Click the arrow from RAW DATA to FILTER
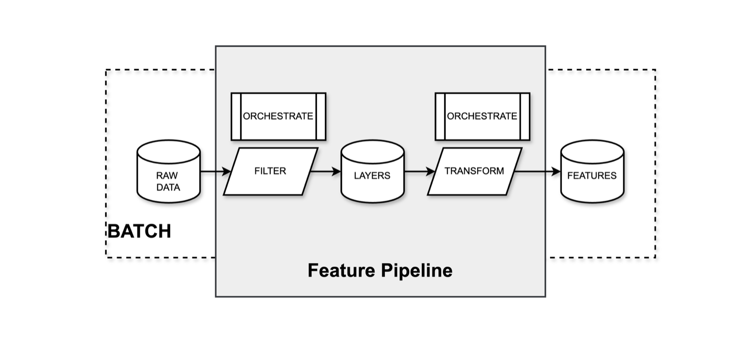tap(215, 172)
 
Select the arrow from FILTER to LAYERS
tap(325, 172)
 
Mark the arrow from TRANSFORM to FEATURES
tap(537, 172)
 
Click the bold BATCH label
tap(139, 231)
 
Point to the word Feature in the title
tap(342, 271)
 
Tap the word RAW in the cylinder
tap(167, 176)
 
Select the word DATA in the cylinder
tap(168, 187)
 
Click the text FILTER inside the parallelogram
tap(270, 171)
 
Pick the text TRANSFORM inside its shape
tap(474, 171)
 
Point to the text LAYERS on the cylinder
tap(372, 176)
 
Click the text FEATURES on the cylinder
tap(592, 176)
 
